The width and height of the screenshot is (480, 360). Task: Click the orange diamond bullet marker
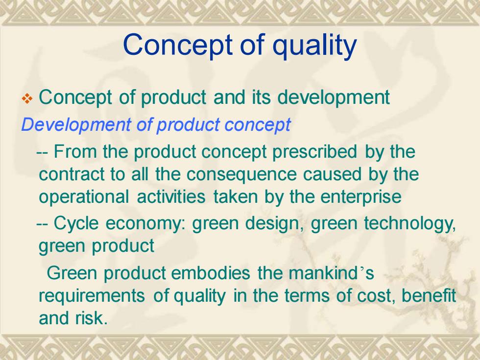click(x=27, y=99)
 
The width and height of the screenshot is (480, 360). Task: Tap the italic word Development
click(x=76, y=125)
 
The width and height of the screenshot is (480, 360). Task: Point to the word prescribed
click(x=314, y=152)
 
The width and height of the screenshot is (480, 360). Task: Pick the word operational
click(x=84, y=197)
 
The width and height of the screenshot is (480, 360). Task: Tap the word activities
click(x=171, y=196)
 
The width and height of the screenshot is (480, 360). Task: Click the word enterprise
click(x=361, y=197)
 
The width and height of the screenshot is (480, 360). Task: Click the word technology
click(x=410, y=223)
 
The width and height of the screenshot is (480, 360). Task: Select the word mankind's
click(x=331, y=272)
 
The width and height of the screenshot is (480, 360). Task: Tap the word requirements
click(x=92, y=296)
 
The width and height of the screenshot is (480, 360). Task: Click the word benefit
click(x=429, y=295)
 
